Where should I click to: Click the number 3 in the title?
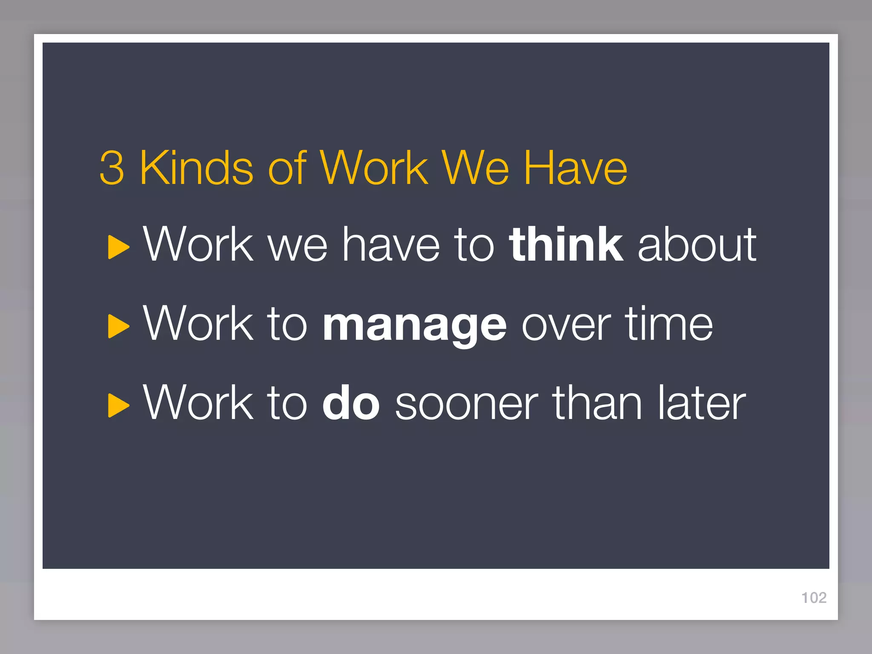[x=112, y=168]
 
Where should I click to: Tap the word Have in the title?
[x=575, y=168]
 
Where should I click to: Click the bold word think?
[x=566, y=244]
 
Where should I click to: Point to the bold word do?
[x=351, y=403]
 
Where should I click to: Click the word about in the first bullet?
[x=697, y=245]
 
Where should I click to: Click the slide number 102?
[x=814, y=598]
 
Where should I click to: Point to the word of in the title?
[x=287, y=168]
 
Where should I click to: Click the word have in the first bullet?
[x=391, y=245]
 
